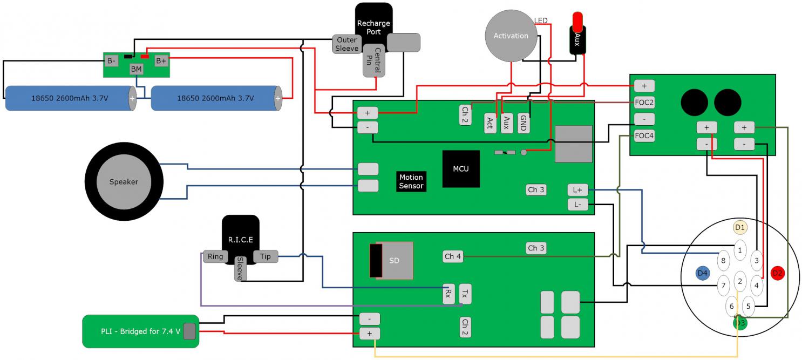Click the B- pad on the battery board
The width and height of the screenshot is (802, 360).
click(x=112, y=61)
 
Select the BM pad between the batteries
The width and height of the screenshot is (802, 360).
click(x=137, y=69)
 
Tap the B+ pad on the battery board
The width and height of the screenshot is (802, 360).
click(x=161, y=61)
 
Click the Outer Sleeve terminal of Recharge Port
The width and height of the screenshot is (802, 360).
click(x=346, y=44)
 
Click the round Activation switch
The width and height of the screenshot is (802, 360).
click(x=511, y=36)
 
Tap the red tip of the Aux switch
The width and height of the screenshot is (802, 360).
click(x=577, y=21)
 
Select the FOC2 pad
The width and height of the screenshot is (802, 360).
click(x=644, y=102)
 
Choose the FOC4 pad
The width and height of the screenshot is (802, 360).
click(x=644, y=136)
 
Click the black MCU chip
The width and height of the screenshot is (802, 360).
click(x=461, y=168)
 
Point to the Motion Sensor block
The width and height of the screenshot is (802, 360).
click(x=411, y=181)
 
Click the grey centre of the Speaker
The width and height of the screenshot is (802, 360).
click(x=124, y=182)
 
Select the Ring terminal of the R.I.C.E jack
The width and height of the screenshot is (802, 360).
click(x=215, y=256)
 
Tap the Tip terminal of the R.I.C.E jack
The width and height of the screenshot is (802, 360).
click(x=266, y=256)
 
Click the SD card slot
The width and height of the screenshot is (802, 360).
click(x=391, y=260)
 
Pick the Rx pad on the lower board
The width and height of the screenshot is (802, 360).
click(x=448, y=294)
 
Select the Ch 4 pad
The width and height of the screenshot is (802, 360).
click(x=453, y=256)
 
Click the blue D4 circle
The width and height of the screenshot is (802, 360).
click(x=702, y=273)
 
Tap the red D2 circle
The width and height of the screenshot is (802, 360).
click(x=777, y=273)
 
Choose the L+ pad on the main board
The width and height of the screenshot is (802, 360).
click(x=577, y=190)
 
